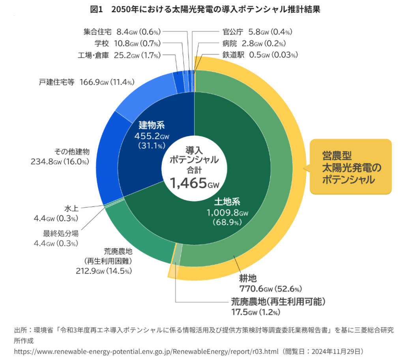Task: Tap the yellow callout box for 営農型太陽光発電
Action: pos(351,167)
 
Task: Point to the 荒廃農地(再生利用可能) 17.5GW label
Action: pos(278,306)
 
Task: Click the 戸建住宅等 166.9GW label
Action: pos(87,82)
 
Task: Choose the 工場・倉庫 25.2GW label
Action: pos(119,55)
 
